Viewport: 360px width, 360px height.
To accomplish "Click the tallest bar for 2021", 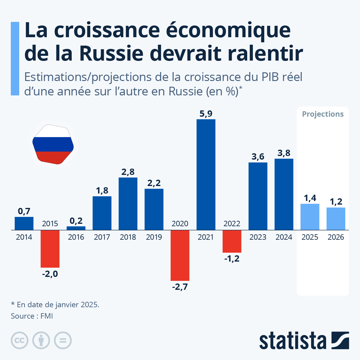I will point(206,175).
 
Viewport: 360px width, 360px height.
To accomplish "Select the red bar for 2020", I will point(180,255).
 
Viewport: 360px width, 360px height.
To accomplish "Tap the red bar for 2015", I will point(50,249).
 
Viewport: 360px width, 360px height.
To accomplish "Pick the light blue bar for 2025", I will point(310,217).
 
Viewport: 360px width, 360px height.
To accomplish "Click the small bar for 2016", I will point(76,228).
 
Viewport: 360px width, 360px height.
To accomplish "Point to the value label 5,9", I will point(206,114).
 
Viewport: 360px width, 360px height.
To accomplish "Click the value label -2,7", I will point(180,287).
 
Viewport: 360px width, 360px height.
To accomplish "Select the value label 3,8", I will point(284,153).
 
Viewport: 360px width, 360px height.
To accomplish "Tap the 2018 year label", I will point(128,237).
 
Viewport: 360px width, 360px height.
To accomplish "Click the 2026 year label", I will point(336,237).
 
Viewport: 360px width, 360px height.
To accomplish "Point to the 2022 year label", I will point(232,223).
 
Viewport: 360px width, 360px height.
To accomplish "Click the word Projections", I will point(323,114).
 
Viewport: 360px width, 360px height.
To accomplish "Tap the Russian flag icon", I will point(53,144).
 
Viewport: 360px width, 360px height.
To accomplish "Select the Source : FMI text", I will point(32,316).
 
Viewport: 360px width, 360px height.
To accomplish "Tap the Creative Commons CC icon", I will point(19,340).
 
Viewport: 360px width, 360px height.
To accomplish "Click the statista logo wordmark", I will point(293,341).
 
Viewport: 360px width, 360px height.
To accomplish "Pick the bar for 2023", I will point(258,196).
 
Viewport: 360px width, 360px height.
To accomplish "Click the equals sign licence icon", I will point(63,340).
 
